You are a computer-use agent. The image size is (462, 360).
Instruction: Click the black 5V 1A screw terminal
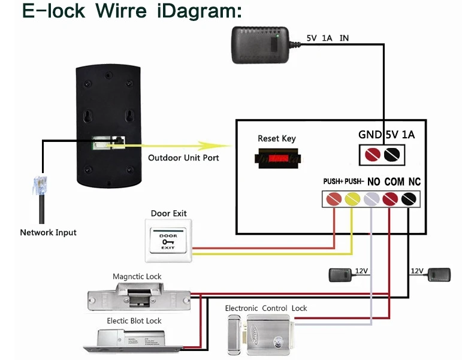click(391, 155)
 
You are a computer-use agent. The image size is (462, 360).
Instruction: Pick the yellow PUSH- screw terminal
click(352, 198)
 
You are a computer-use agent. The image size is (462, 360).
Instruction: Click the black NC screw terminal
click(410, 198)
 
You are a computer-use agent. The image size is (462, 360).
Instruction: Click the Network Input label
click(48, 232)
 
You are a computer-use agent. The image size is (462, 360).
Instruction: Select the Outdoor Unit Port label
click(183, 158)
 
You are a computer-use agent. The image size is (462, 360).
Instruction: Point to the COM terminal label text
click(394, 181)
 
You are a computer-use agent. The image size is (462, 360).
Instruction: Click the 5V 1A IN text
click(327, 38)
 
